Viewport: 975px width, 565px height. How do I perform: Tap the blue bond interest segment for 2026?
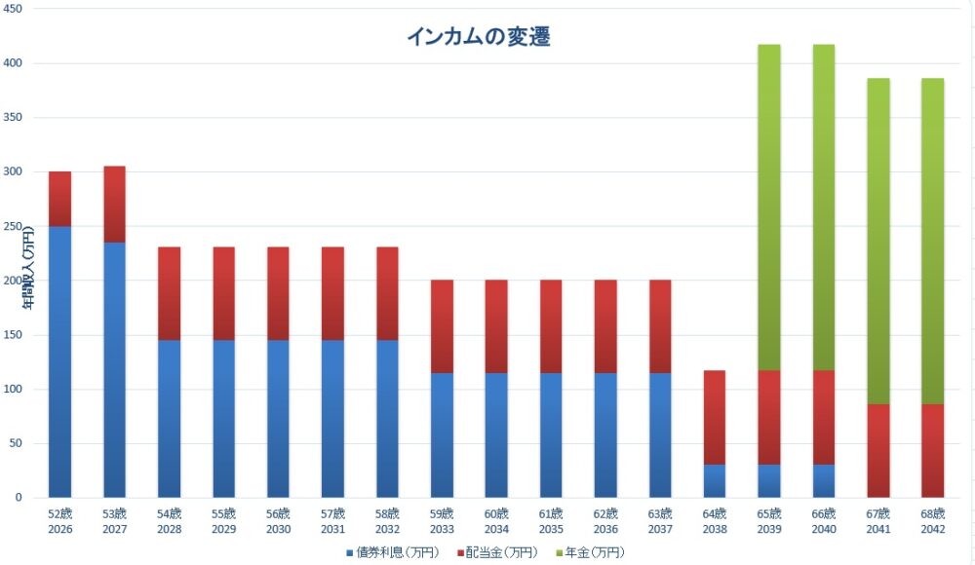(59, 361)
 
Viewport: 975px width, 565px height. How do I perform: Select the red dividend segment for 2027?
(114, 204)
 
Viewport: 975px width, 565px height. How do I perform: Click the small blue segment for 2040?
(824, 480)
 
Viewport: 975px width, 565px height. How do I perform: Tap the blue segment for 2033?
(442, 434)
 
